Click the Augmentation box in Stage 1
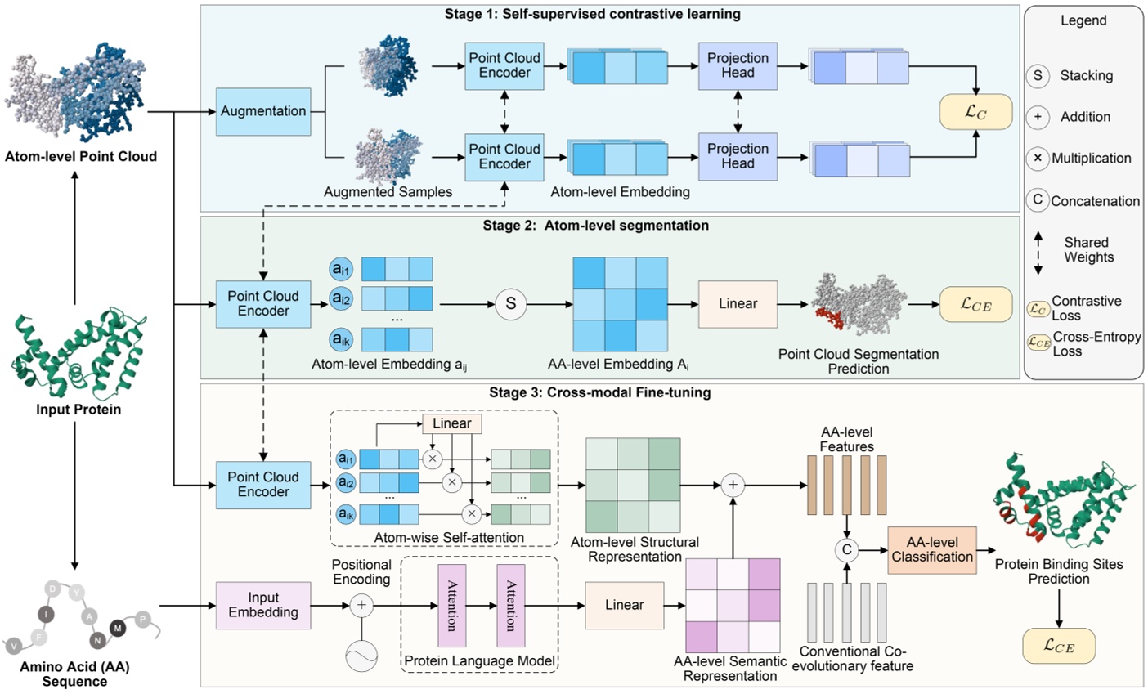coord(263,111)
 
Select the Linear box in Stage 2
coord(738,304)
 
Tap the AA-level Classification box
coord(931,549)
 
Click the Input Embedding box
coord(263,605)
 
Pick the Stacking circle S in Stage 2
coord(511,304)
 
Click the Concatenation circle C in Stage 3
coord(847,550)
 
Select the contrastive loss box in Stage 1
coord(975,112)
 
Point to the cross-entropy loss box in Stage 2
coord(975,304)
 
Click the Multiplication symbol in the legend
coord(1038,158)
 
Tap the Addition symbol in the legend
coord(1038,117)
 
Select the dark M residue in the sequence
coord(118,628)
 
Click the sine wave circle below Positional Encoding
coord(361,656)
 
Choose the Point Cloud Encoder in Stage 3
coord(263,485)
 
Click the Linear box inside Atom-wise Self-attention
coord(451,423)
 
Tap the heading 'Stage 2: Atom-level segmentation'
coord(595,226)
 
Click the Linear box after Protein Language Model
coord(624,605)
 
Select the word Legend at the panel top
coord(1083,20)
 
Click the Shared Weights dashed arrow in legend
coord(1038,252)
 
